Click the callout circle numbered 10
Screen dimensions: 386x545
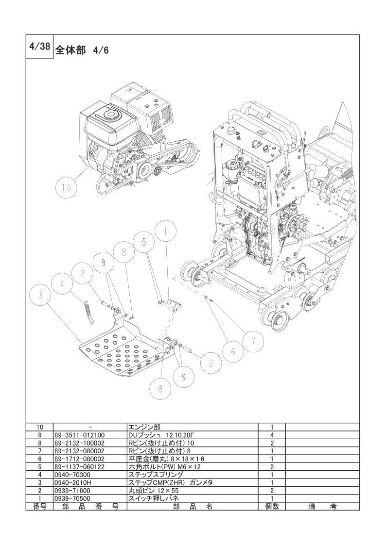[66, 188]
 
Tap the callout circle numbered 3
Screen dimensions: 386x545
[40, 295]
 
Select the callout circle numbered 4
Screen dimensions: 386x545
[62, 284]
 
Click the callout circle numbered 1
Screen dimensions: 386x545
[166, 231]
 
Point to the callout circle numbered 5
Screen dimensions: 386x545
[144, 243]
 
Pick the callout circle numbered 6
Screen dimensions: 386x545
[233, 352]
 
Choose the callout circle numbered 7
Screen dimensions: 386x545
[253, 342]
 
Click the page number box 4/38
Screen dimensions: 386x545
[40, 47]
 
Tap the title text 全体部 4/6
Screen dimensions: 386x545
[82, 50]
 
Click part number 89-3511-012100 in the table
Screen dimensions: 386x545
[79, 435]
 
